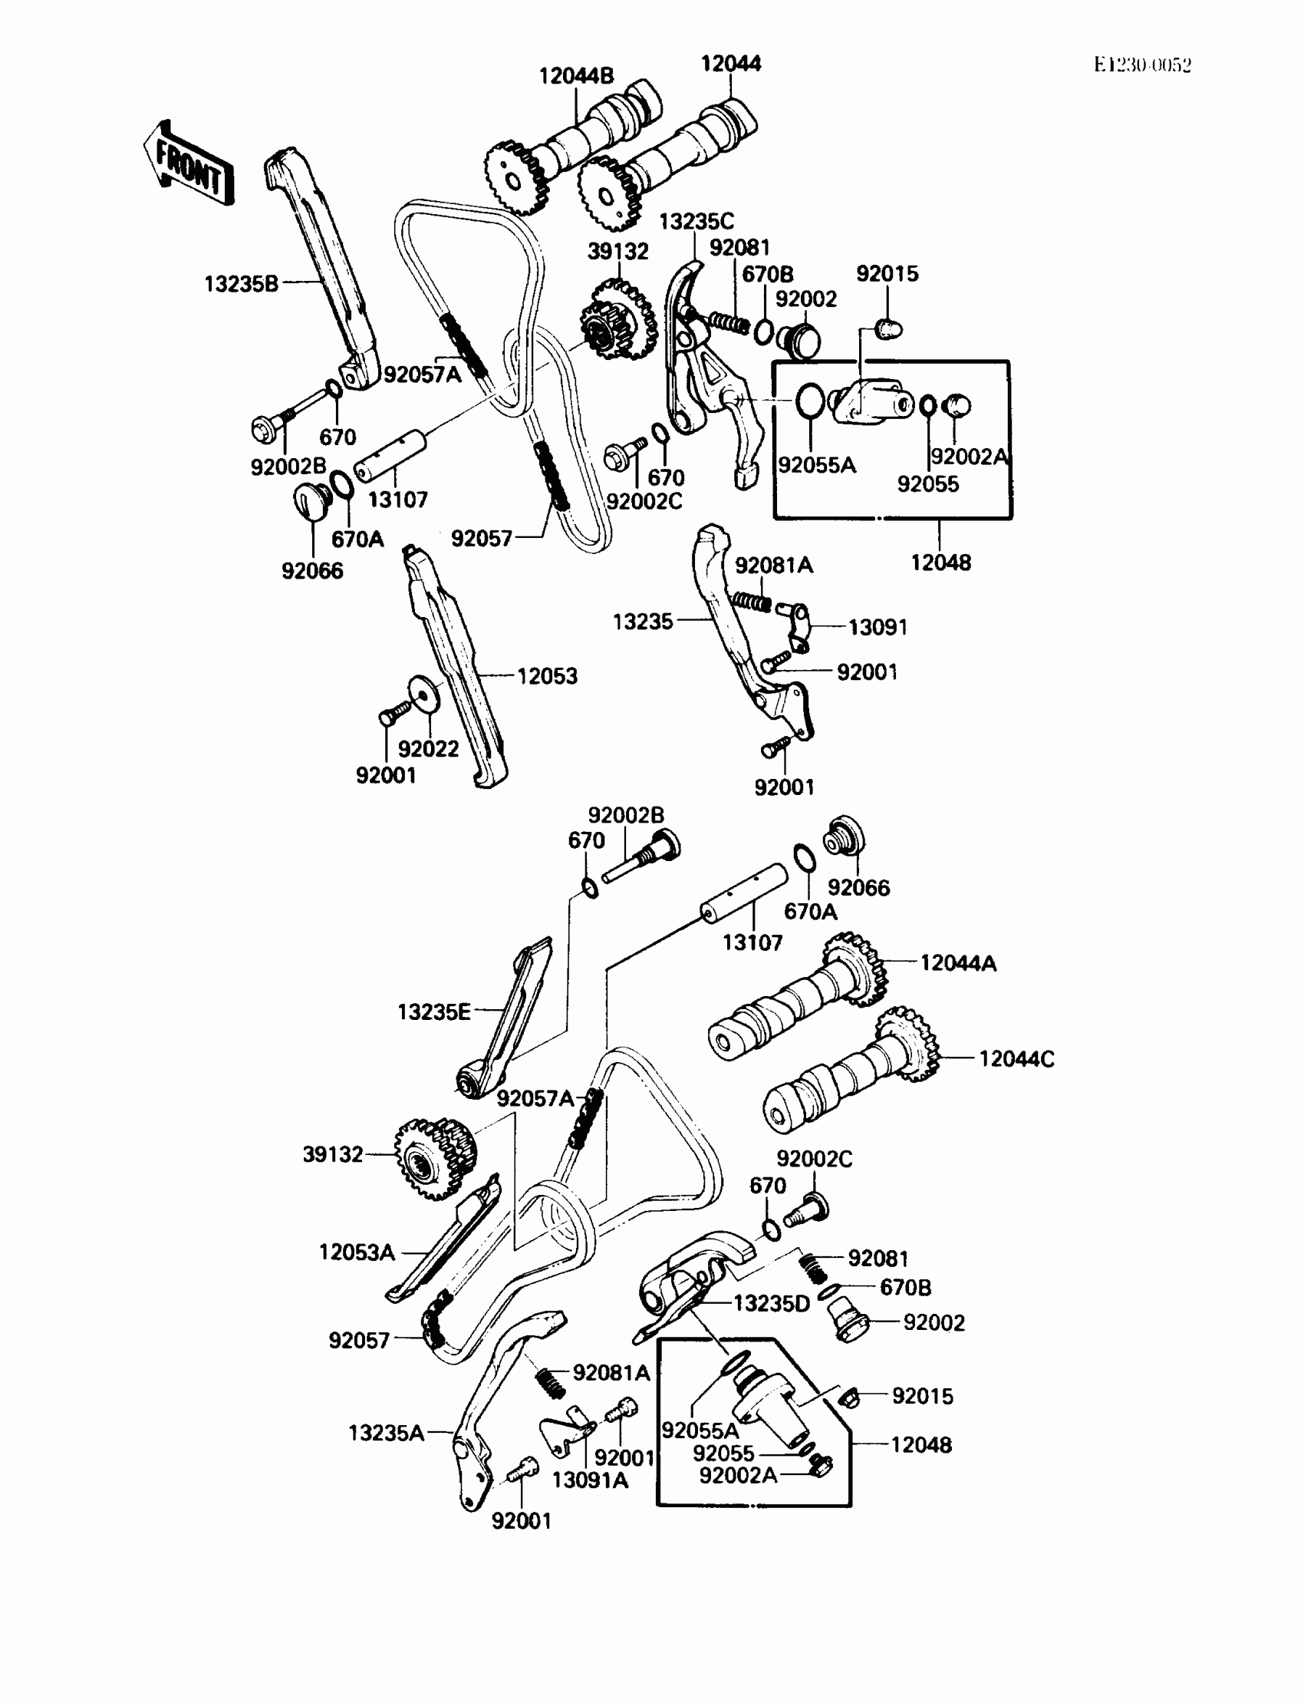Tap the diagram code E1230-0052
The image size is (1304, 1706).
(x=1142, y=65)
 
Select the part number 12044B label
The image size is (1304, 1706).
(x=576, y=76)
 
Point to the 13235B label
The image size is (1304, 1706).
(x=241, y=284)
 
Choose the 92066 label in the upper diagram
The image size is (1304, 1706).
(x=312, y=571)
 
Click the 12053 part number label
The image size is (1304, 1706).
(x=547, y=676)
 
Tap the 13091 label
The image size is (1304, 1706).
(x=877, y=628)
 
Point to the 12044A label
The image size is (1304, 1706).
(x=958, y=964)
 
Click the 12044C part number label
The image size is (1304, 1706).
(x=1016, y=1059)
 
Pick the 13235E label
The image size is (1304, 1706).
(x=434, y=1012)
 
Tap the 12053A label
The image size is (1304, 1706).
(x=357, y=1252)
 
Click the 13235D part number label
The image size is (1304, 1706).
(x=771, y=1304)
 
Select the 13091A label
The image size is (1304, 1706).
(x=590, y=1481)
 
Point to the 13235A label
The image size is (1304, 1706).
(x=386, y=1433)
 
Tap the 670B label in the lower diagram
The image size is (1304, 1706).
(x=905, y=1289)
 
